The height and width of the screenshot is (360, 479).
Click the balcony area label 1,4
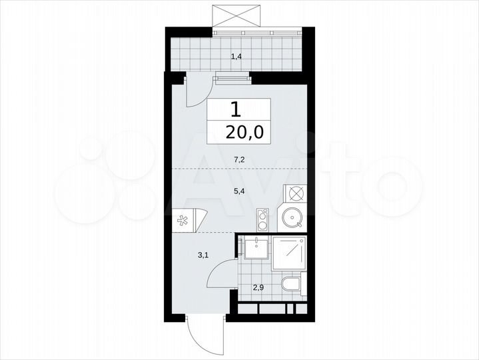(236, 57)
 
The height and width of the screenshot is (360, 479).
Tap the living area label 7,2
(238, 159)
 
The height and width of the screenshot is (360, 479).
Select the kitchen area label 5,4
(238, 191)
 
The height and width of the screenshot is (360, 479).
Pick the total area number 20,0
(239, 131)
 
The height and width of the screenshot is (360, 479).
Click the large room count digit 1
(236, 109)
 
